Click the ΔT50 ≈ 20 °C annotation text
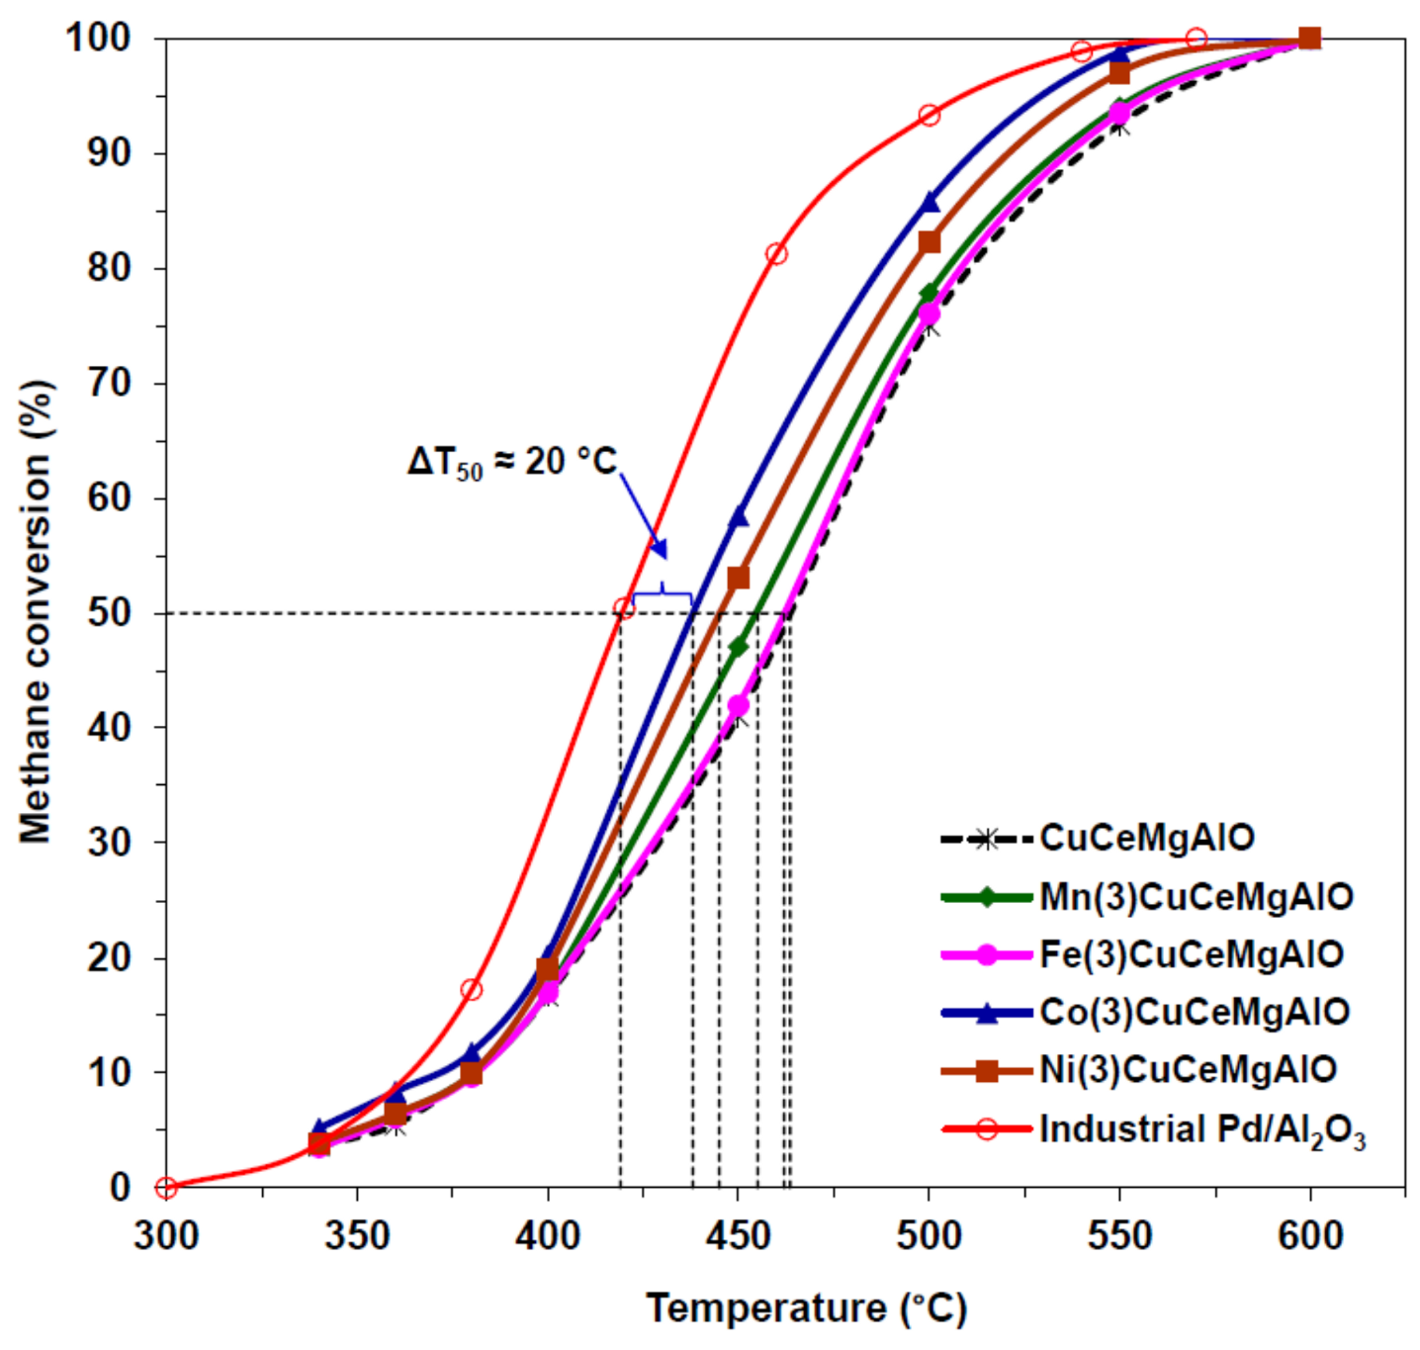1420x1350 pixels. click(x=511, y=462)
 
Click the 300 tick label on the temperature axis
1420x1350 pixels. click(x=166, y=1235)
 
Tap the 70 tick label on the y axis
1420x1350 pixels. click(x=109, y=384)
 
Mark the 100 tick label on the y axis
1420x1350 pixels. click(x=98, y=40)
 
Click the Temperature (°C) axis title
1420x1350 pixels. click(x=806, y=1308)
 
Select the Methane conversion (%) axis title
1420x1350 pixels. click(x=36, y=613)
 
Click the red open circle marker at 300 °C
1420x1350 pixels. click(x=166, y=1187)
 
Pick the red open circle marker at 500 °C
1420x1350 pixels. click(x=929, y=116)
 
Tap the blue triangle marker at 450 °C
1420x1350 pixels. click(x=739, y=517)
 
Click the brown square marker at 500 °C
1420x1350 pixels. click(x=929, y=242)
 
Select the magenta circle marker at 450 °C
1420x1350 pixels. click(x=738, y=706)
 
